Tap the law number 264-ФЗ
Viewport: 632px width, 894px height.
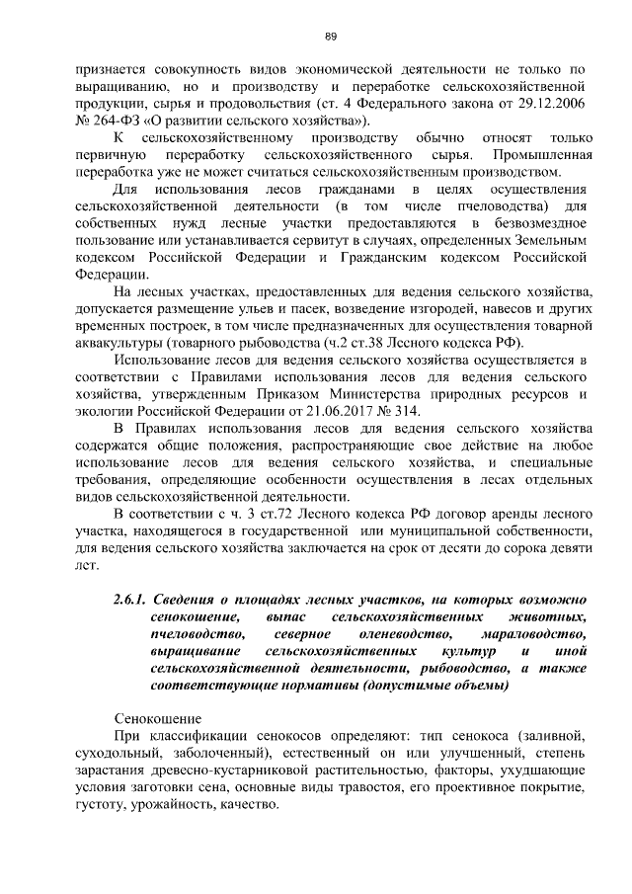click(118, 121)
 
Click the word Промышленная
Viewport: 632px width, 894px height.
click(541, 155)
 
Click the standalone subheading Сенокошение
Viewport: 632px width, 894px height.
click(158, 718)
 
